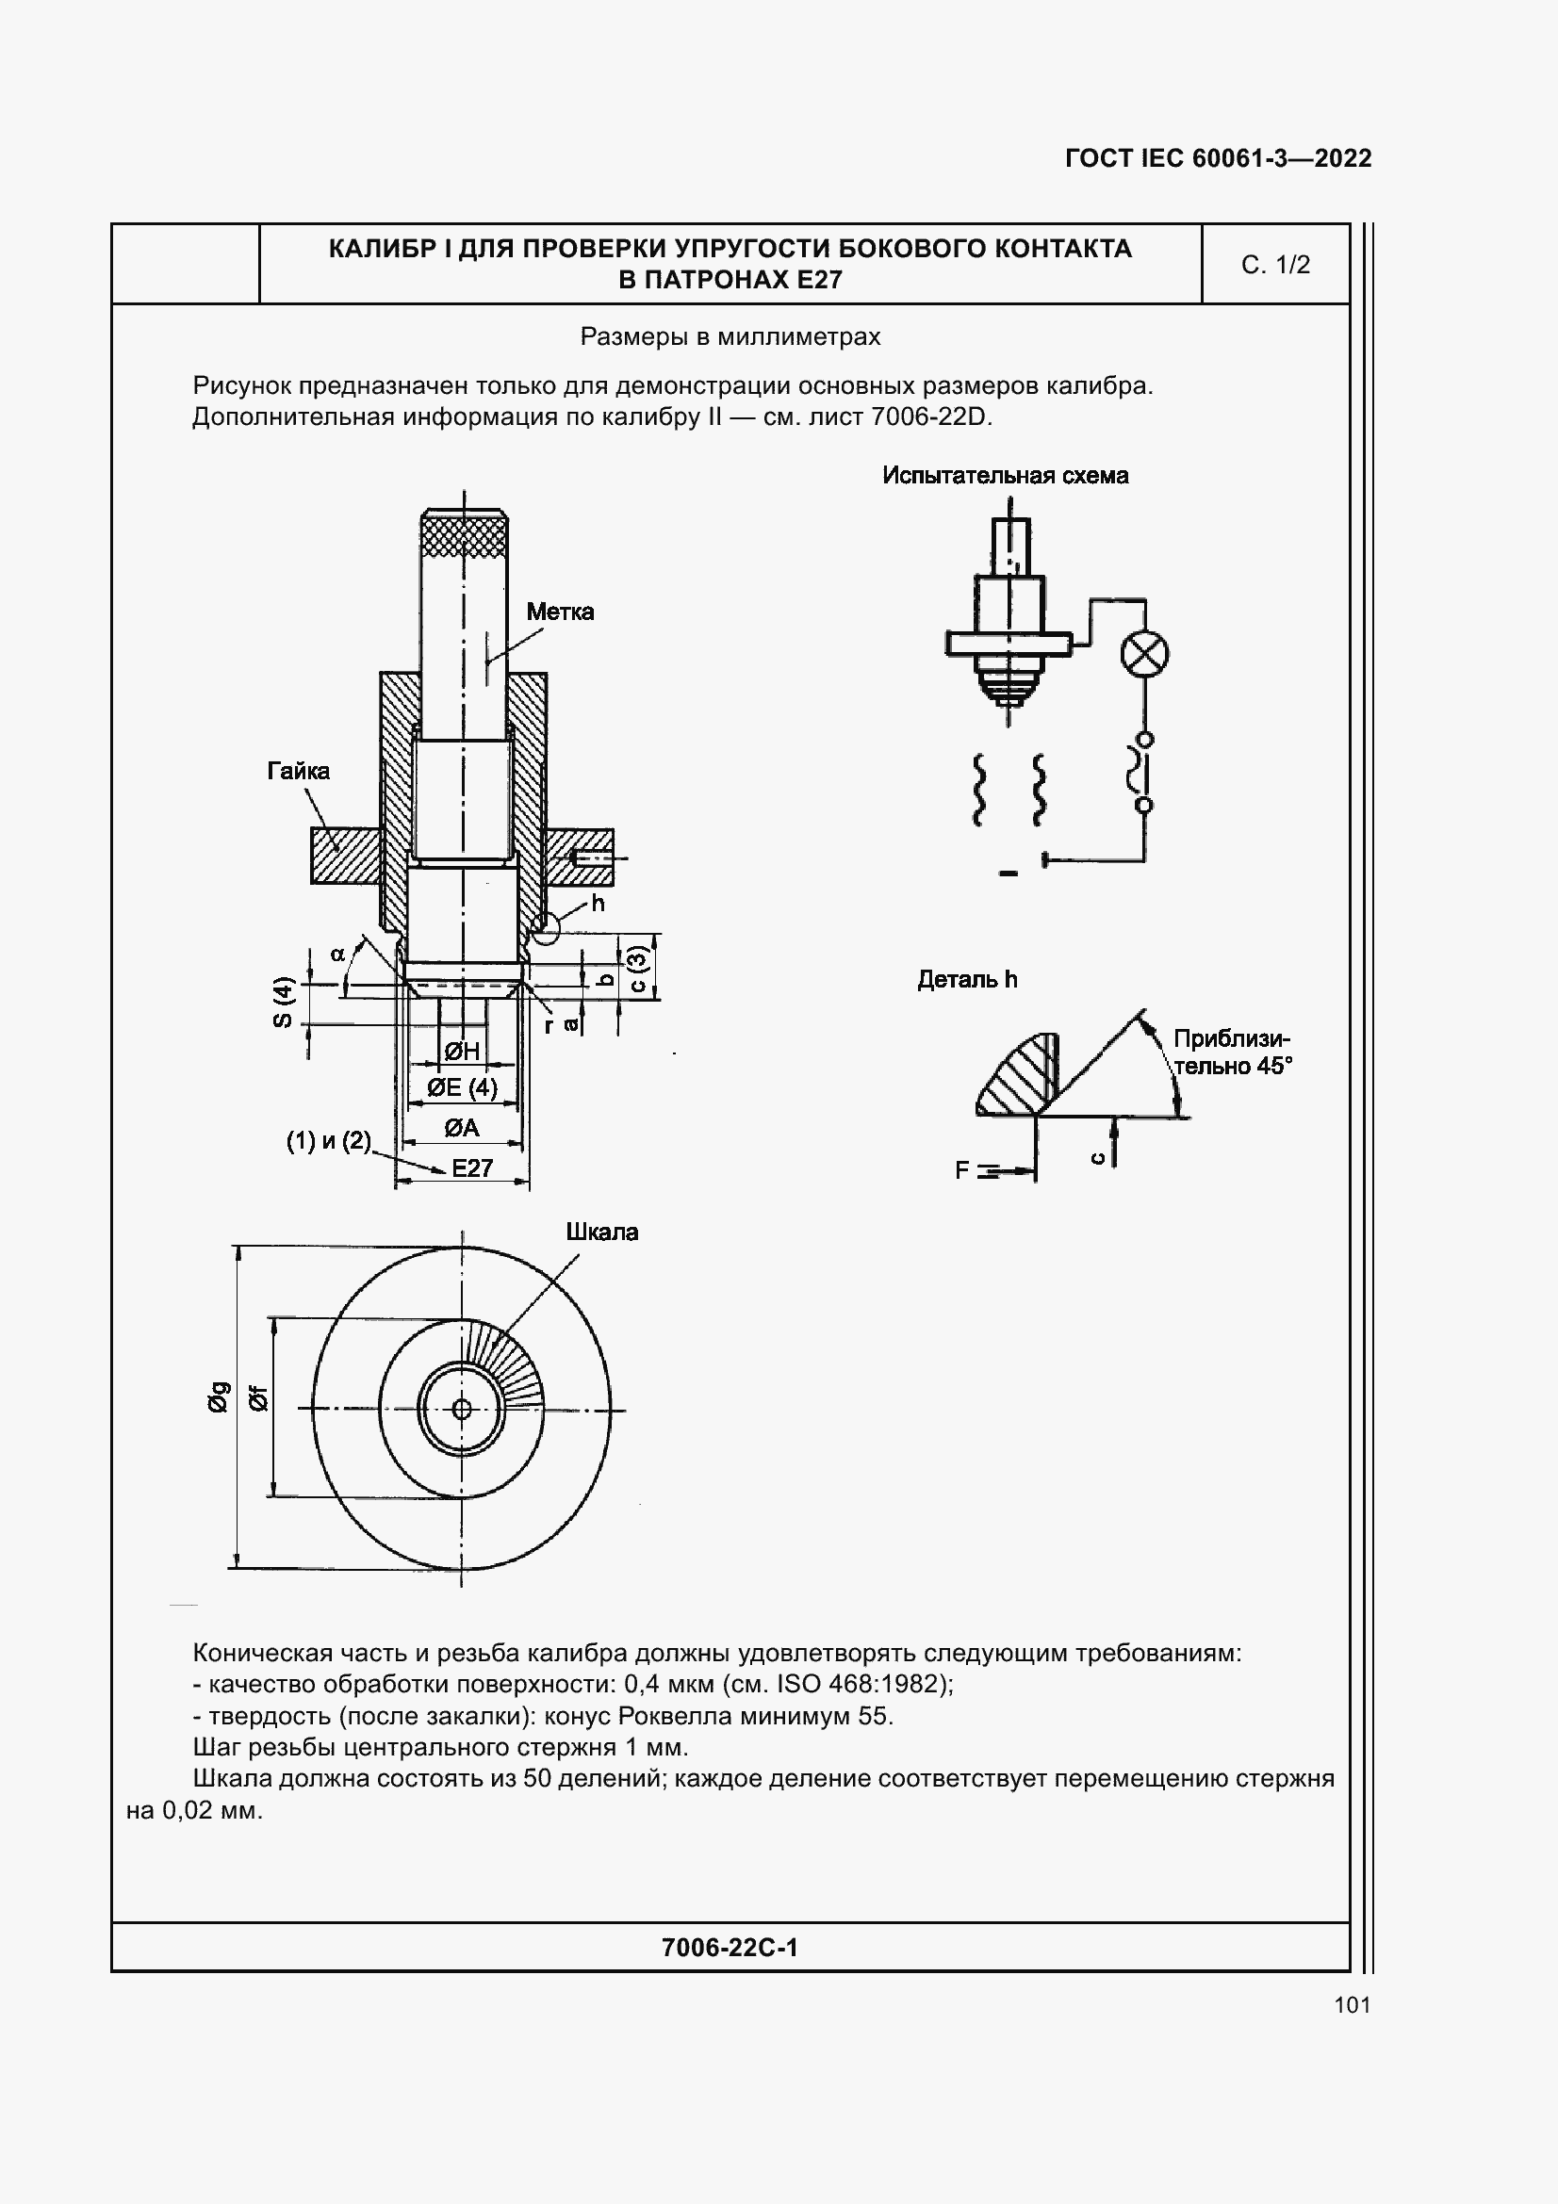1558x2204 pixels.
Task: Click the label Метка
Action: pyautogui.click(x=560, y=612)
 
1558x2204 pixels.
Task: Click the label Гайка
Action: pyautogui.click(x=298, y=771)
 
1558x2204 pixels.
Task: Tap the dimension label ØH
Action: pyautogui.click(x=462, y=1052)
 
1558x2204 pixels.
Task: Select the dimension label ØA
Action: pyautogui.click(x=461, y=1128)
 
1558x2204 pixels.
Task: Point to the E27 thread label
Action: pyautogui.click(x=472, y=1168)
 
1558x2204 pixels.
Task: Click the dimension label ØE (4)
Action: pyautogui.click(x=462, y=1087)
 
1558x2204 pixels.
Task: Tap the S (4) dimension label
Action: pyautogui.click(x=281, y=1003)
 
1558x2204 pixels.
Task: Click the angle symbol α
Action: pyautogui.click(x=338, y=955)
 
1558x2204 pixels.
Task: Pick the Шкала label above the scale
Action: pyautogui.click(x=602, y=1232)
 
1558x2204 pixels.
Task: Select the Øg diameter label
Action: pyautogui.click(x=219, y=1396)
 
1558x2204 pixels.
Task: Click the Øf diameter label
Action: pyautogui.click(x=258, y=1398)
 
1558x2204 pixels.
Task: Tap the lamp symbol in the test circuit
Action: pyautogui.click(x=1144, y=655)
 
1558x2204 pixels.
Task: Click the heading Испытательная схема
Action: pyautogui.click(x=1005, y=475)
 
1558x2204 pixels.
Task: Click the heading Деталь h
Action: pyautogui.click(x=967, y=979)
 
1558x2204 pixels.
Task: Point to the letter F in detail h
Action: pyautogui.click(x=962, y=1170)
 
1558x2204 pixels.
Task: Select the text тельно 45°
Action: pyautogui.click(x=1234, y=1066)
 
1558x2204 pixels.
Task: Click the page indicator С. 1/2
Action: pyautogui.click(x=1275, y=265)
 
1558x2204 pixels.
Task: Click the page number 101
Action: pyautogui.click(x=1352, y=2004)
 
